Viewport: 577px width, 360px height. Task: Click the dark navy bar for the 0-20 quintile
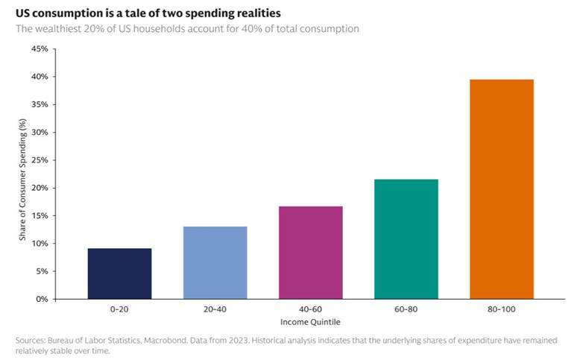tap(119, 274)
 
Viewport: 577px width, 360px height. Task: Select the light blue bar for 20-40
tap(215, 262)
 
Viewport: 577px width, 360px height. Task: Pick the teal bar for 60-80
tap(406, 239)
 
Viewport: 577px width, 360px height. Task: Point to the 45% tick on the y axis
tap(38, 49)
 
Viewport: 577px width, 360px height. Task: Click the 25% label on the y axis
tap(38, 160)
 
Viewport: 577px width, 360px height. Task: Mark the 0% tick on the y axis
tap(41, 299)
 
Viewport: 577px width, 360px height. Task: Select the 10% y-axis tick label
tap(38, 244)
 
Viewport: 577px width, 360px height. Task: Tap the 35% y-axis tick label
tap(38, 104)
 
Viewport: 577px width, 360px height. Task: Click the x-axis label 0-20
tap(119, 309)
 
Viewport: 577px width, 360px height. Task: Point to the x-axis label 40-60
tap(311, 309)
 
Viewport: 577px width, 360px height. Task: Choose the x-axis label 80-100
tap(502, 309)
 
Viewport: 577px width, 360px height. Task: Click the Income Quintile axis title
tap(311, 321)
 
